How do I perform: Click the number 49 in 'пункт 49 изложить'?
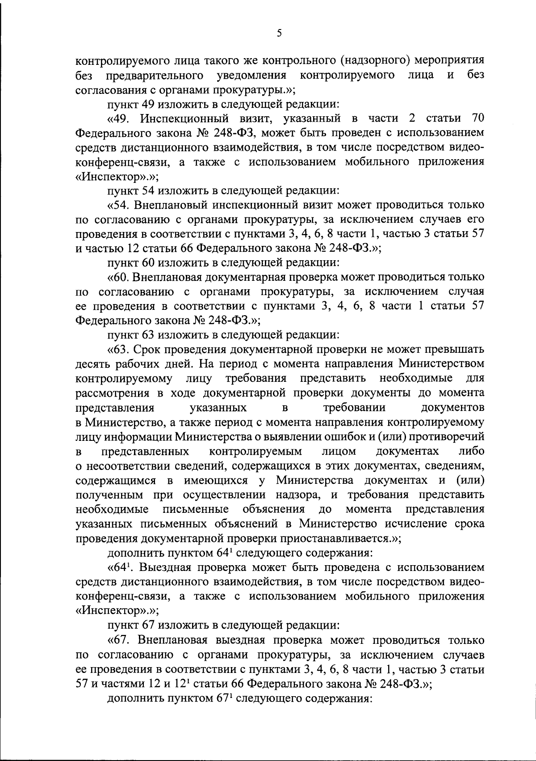[148, 105]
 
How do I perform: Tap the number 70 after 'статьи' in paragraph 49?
[477, 118]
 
